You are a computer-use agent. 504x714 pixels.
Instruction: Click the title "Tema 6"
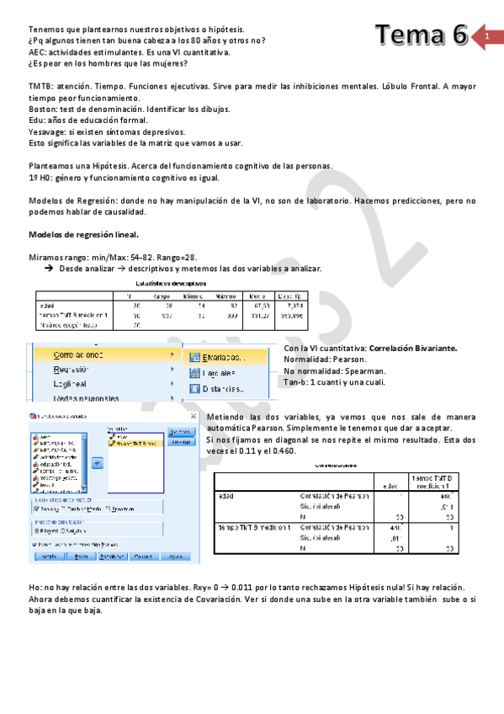421,35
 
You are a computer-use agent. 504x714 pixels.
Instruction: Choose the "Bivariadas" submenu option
224,357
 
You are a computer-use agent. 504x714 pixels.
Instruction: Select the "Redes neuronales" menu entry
86,398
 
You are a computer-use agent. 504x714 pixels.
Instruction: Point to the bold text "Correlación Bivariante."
414,347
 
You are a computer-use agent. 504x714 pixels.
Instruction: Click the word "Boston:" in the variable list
45,109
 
